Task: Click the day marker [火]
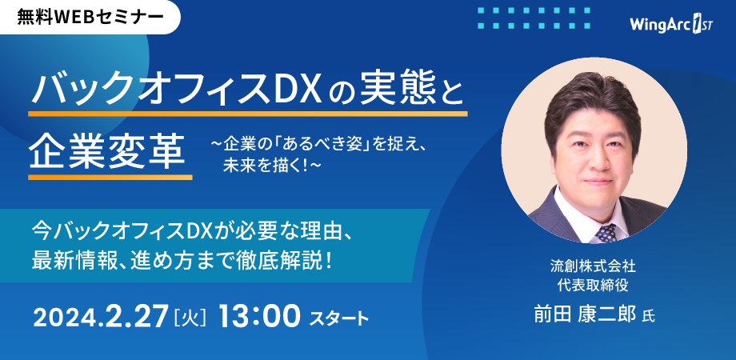(190, 317)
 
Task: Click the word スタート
(339, 318)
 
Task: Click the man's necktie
(606, 231)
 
